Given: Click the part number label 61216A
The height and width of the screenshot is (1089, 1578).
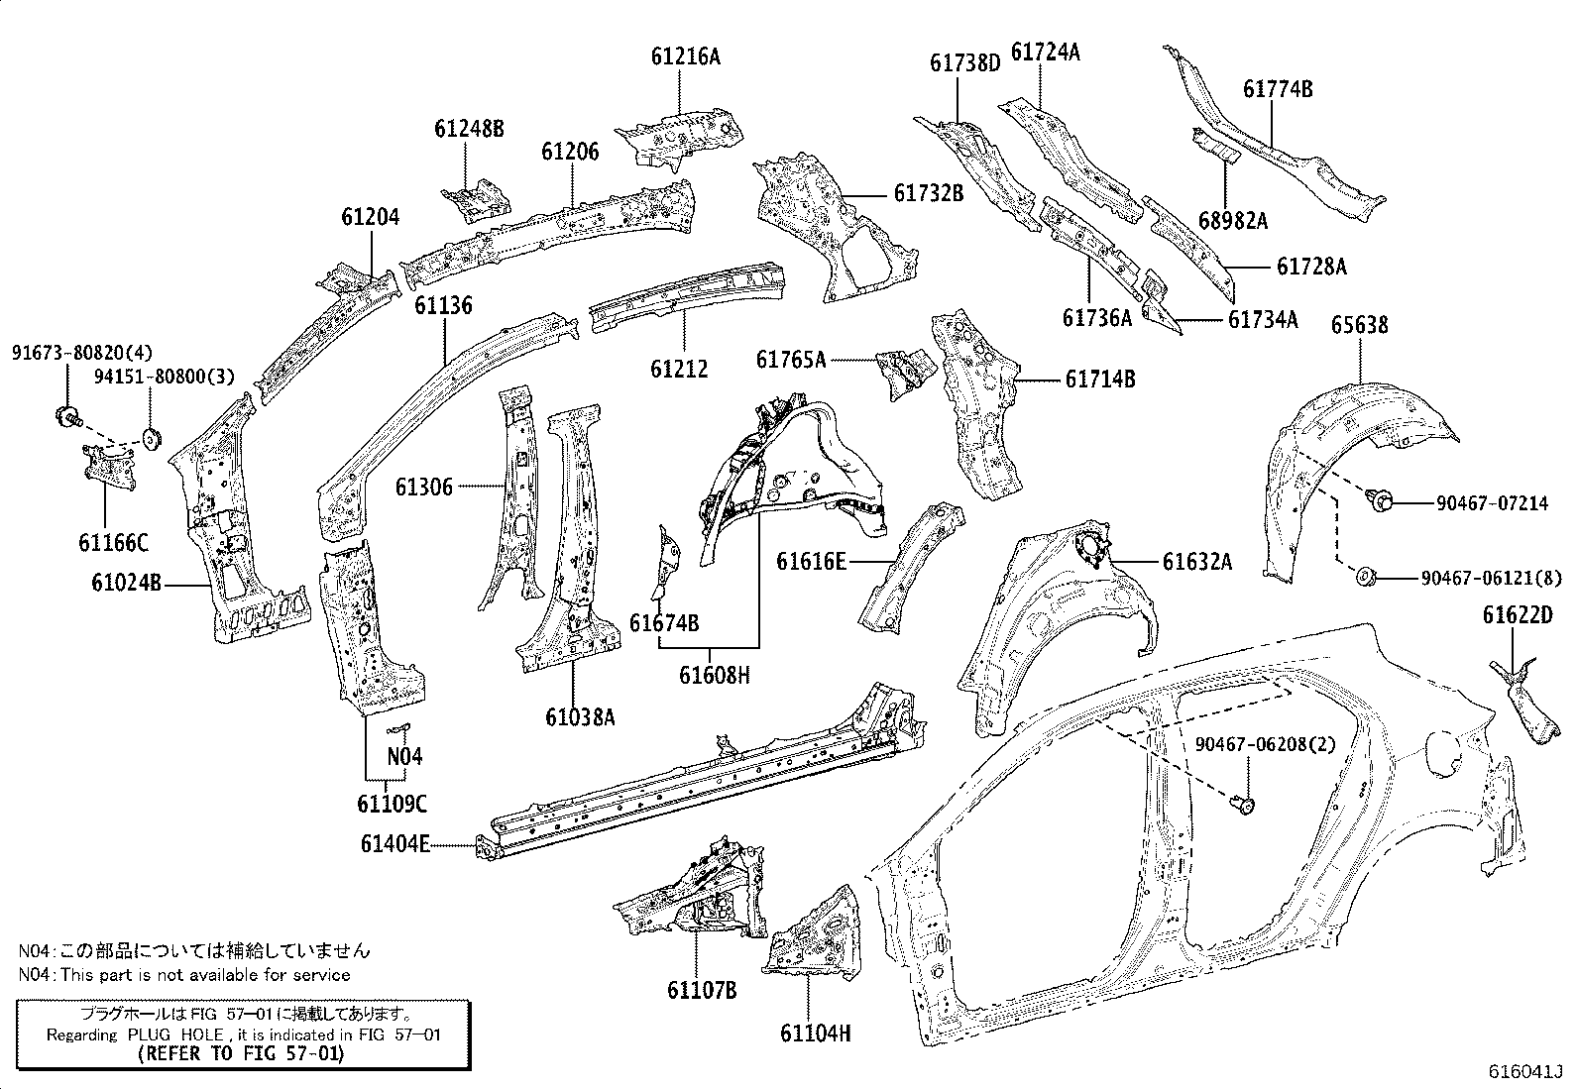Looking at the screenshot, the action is (686, 57).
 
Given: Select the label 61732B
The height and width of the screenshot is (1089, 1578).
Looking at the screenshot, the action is (929, 193).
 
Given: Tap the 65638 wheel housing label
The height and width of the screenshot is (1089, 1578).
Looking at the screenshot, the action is (1360, 325).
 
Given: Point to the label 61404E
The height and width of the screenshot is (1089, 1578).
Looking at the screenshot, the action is (394, 843).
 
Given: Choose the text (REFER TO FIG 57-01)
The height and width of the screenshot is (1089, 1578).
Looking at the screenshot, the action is (242, 1053).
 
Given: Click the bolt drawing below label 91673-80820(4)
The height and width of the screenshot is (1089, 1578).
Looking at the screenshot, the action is (68, 416).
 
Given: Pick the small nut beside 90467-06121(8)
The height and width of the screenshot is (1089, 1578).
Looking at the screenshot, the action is (1366, 577).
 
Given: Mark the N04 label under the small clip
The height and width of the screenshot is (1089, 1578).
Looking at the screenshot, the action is (404, 756).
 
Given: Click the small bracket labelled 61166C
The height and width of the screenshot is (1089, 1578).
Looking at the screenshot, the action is (109, 467).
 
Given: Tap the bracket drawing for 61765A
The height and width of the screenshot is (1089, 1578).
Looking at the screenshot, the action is (906, 374).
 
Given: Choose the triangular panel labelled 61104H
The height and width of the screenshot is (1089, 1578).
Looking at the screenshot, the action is (814, 933).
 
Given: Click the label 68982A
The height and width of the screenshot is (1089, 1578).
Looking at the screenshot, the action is (1233, 221).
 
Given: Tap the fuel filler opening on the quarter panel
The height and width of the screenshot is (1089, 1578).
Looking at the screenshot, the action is (1444, 755).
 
